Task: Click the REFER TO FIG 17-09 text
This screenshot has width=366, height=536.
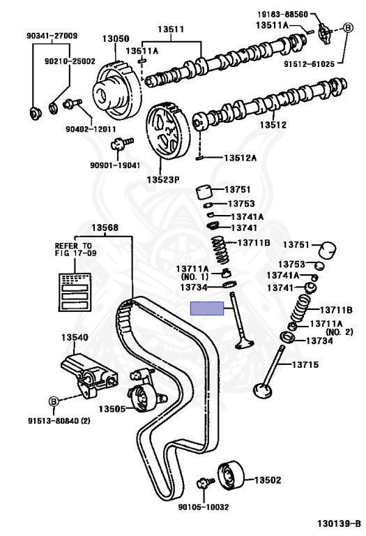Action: tap(73, 251)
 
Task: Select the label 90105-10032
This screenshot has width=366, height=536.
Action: tap(204, 508)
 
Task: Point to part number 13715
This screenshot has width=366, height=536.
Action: tap(305, 364)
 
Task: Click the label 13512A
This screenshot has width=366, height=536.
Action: tap(240, 158)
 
